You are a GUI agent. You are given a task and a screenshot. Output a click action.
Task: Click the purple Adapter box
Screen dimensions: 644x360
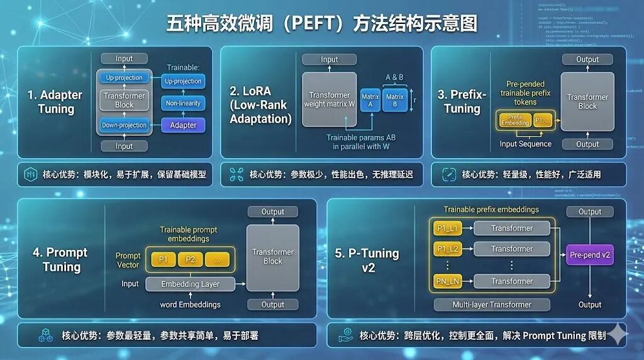[183, 125]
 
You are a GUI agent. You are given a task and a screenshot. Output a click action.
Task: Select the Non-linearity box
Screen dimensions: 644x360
[183, 103]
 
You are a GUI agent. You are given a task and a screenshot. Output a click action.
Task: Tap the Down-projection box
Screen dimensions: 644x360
[124, 125]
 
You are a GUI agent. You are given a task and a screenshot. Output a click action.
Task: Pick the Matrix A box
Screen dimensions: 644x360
[370, 101]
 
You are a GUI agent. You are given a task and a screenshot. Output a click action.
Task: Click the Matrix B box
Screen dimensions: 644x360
[395, 101]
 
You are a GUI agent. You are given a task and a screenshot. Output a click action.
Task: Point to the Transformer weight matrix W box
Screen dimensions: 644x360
[330, 99]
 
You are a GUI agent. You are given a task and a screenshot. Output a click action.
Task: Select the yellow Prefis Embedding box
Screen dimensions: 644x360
[514, 120]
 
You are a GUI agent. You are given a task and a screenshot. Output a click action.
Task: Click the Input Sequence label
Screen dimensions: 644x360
[525, 143]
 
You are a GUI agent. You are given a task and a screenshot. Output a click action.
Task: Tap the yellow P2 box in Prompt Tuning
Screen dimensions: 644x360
[190, 259]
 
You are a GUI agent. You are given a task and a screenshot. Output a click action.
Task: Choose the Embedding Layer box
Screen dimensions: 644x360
[190, 284]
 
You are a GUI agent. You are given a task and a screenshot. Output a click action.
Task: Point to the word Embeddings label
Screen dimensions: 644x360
[190, 305]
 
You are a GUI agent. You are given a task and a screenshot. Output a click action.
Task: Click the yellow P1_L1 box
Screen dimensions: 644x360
[448, 228]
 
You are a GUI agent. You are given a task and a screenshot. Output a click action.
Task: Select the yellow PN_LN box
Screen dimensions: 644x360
[448, 281]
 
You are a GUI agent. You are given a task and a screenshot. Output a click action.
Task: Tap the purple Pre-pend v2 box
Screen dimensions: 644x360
[590, 256]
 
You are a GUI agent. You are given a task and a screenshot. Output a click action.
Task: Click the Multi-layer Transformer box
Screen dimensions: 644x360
[492, 305]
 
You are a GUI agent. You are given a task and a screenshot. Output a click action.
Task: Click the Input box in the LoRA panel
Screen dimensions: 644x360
[330, 60]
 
